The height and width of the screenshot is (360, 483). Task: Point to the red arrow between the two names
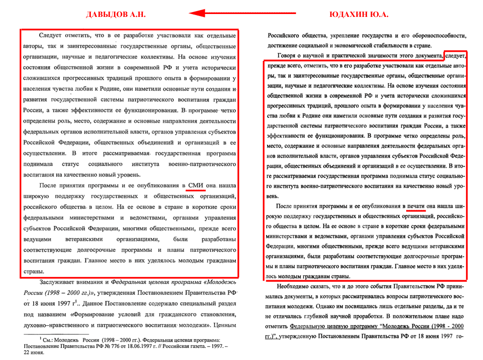point(241,14)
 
